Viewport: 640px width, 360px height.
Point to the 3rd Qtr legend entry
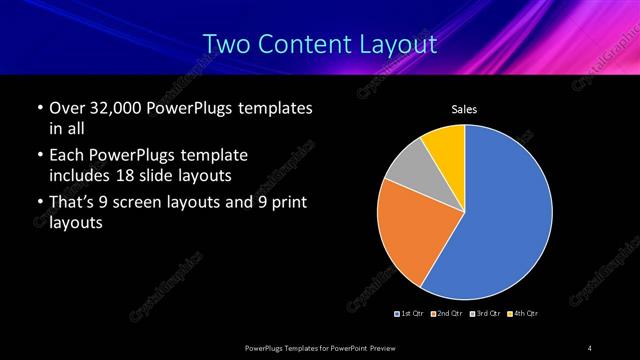[x=486, y=314]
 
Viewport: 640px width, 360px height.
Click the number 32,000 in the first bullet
[x=112, y=108]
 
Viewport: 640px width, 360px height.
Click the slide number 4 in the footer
[x=590, y=347]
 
